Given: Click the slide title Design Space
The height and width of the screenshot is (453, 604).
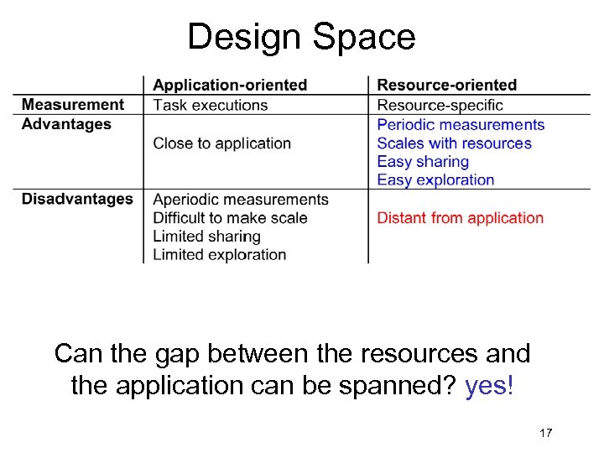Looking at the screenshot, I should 301,38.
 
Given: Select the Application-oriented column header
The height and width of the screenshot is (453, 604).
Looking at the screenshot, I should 230,85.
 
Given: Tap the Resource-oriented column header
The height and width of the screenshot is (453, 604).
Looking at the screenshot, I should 446,85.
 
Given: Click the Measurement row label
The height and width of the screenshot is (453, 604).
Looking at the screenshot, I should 72,105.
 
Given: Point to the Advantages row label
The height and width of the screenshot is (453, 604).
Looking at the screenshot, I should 66,124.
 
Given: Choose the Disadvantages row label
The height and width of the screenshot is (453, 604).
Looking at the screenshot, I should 77,199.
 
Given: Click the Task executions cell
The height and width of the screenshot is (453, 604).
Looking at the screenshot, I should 210,105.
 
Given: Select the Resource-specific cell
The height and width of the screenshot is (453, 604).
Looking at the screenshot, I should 440,105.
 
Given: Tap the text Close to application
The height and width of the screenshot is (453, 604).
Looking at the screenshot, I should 221,143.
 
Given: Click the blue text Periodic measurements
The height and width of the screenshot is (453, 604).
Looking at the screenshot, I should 461,125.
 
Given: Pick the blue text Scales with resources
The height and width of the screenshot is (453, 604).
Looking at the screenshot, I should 454,143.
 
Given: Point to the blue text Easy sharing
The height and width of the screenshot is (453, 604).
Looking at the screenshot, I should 423,162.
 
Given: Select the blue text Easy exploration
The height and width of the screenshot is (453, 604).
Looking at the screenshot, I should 435,180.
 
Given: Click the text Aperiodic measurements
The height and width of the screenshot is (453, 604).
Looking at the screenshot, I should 240,200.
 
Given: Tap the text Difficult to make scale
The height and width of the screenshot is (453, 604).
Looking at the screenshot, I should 230,218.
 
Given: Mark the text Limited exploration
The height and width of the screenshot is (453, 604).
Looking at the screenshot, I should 219,255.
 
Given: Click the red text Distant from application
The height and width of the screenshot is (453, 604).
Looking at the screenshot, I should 460,218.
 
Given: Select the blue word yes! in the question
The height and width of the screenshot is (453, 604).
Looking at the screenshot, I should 488,387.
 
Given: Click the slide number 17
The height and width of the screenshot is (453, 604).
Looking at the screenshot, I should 545,433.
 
